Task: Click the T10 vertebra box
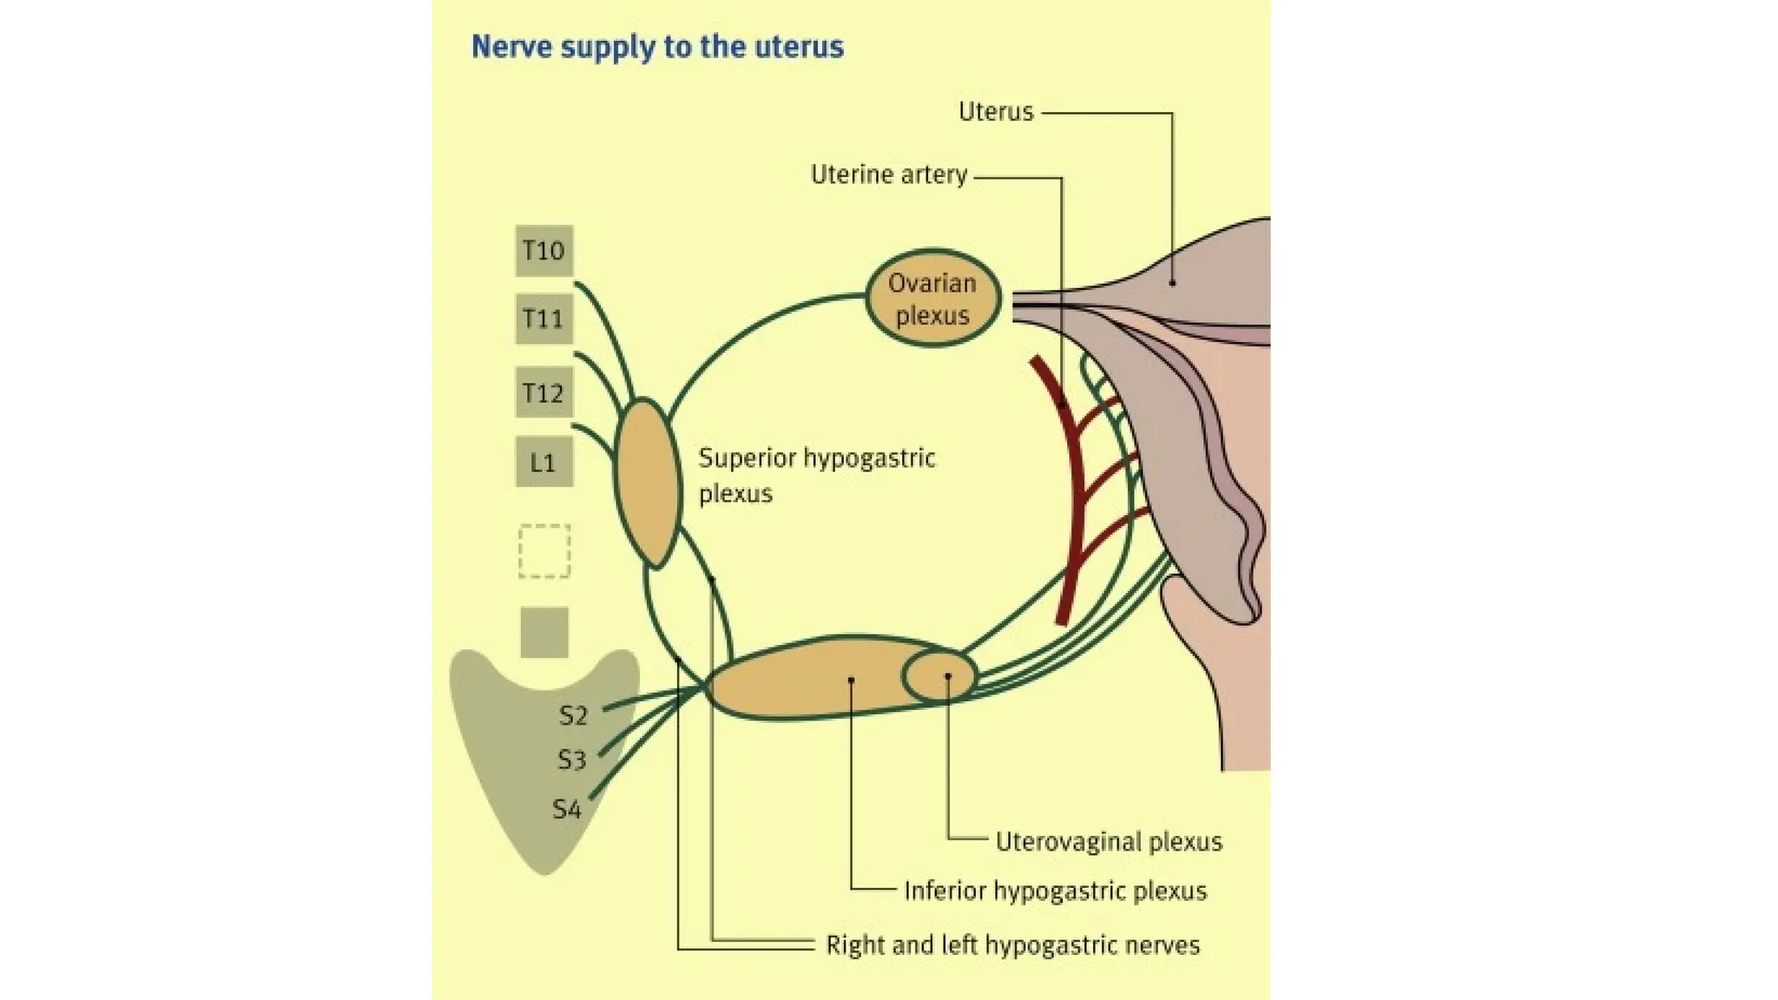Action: tap(543, 251)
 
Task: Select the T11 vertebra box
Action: tap(543, 319)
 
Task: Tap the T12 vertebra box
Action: tap(543, 393)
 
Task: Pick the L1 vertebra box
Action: tap(543, 462)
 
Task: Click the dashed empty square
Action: tap(544, 551)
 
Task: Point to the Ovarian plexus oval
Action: tap(932, 299)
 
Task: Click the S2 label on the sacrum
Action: tap(573, 715)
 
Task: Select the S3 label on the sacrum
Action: tap(571, 760)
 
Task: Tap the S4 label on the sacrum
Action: tap(566, 810)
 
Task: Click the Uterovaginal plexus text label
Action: tap(1108, 841)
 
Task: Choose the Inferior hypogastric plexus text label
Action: tap(1055, 891)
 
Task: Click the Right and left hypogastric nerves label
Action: tap(1012, 944)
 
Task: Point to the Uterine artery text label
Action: tap(888, 174)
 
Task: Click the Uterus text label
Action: tap(996, 111)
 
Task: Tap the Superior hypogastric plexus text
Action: tap(816, 475)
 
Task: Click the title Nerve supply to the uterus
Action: tap(657, 46)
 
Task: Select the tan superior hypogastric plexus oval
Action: tap(647, 484)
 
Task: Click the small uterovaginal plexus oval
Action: tap(939, 676)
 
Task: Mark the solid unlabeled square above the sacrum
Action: tap(544, 632)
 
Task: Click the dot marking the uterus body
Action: tap(1172, 282)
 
